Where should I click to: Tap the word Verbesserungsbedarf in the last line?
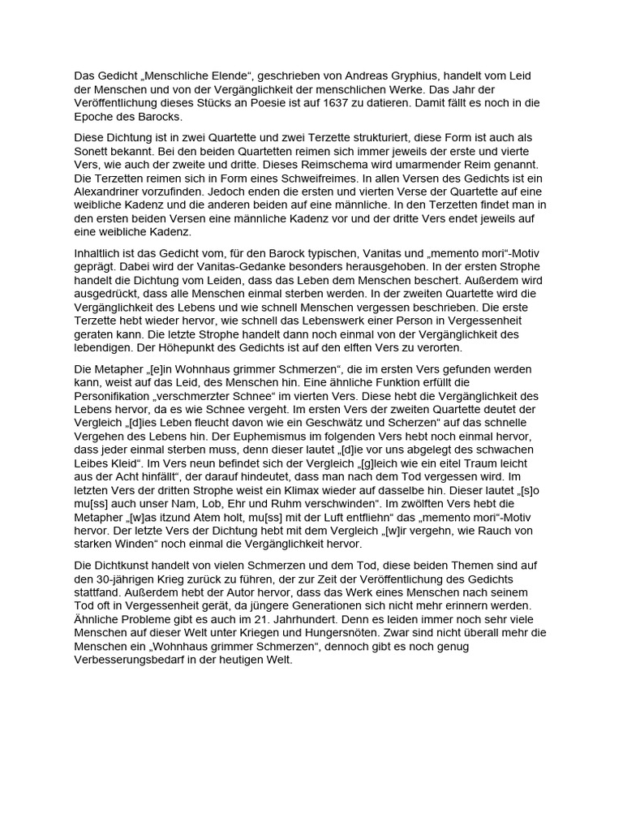coord(130,660)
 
